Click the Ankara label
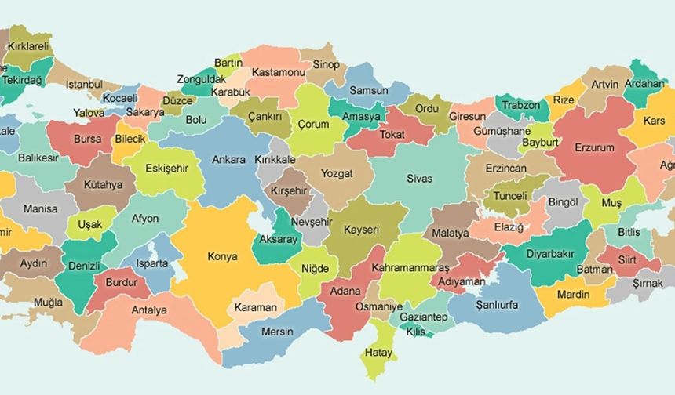click(228, 159)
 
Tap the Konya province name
click(222, 256)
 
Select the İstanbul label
click(84, 84)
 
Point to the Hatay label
click(378, 353)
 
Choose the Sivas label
click(419, 179)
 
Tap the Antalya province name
click(149, 310)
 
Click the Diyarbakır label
click(549, 254)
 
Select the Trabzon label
click(521, 105)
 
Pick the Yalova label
click(89, 113)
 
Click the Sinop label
click(326, 64)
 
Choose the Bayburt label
click(540, 143)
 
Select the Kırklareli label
click(29, 46)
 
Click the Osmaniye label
click(380, 306)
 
